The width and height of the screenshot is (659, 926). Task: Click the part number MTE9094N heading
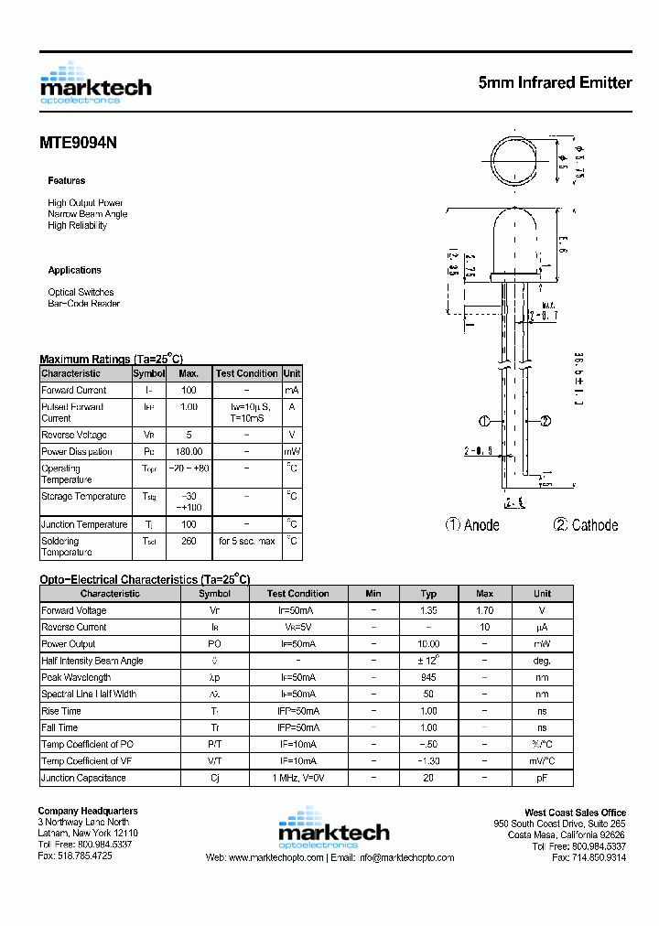(x=78, y=143)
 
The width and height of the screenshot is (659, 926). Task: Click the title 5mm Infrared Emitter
(x=555, y=82)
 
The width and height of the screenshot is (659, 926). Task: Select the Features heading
(x=67, y=181)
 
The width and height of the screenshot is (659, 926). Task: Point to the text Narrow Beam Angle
(x=88, y=214)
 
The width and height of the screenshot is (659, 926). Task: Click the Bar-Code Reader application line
(x=83, y=304)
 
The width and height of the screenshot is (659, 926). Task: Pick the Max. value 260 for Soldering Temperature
(x=189, y=541)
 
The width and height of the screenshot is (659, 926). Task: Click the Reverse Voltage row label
(x=74, y=435)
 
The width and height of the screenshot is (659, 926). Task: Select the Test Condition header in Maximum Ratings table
(x=246, y=373)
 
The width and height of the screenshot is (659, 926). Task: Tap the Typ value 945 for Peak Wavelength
(x=428, y=677)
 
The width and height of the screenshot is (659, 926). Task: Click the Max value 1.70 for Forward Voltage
(x=484, y=610)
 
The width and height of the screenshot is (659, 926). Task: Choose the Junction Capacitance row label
(x=83, y=778)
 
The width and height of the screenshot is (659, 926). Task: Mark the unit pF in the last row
(x=542, y=778)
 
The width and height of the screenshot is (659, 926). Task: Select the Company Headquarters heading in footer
(x=88, y=812)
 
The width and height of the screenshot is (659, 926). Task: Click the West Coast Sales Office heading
(x=575, y=813)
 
